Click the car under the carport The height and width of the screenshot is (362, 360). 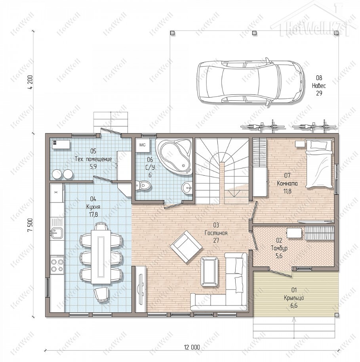250,82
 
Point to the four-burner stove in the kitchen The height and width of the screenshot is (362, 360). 57,265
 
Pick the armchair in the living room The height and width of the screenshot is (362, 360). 186,247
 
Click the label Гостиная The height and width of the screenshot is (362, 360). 216,233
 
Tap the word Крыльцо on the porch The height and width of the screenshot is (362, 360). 294,298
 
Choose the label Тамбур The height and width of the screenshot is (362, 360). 279,249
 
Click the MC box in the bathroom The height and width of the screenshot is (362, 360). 143,145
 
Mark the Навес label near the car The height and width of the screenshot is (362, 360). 319,86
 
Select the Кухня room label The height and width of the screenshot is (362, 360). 93,207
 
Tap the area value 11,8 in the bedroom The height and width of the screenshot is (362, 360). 287,191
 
